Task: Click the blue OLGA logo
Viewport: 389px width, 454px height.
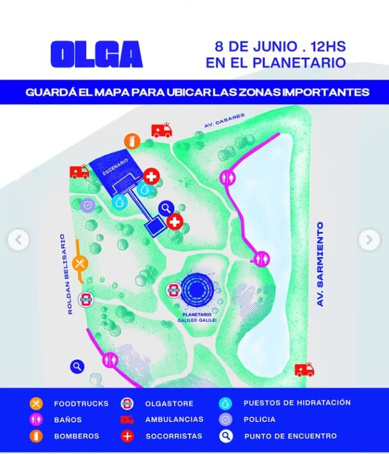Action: [96, 55]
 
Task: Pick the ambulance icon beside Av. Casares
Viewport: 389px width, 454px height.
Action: [161, 130]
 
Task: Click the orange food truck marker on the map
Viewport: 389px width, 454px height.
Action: [80, 263]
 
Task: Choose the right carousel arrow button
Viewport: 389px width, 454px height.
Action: [369, 240]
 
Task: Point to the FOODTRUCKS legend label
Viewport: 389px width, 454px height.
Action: [77, 403]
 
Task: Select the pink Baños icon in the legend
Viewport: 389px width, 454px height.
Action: [37, 420]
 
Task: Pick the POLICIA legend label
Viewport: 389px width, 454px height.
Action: [259, 419]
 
